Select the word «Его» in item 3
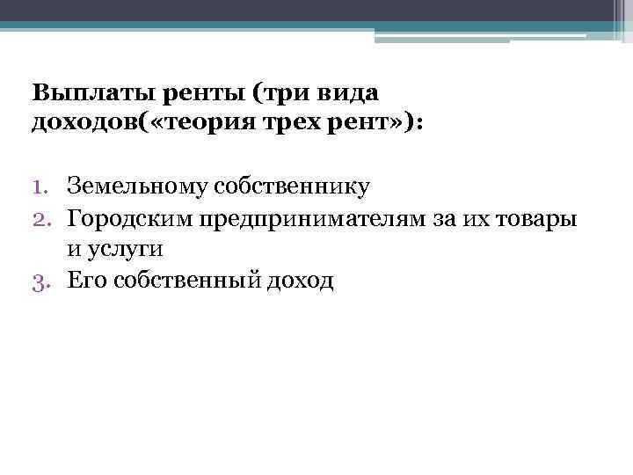click(x=85, y=281)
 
